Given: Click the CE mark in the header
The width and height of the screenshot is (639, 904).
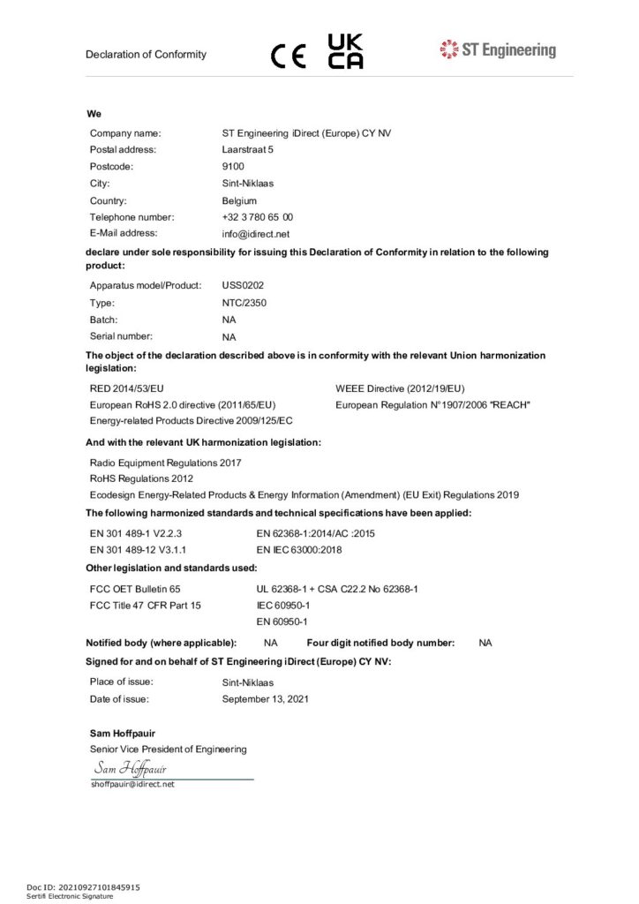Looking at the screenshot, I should click(x=289, y=56).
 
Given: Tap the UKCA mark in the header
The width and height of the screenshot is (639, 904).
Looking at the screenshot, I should click(x=345, y=52).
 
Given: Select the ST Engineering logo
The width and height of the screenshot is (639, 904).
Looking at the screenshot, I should click(x=498, y=49).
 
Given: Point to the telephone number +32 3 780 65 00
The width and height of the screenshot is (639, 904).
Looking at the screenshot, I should click(x=258, y=217).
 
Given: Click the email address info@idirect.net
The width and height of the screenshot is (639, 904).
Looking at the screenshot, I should click(x=256, y=234).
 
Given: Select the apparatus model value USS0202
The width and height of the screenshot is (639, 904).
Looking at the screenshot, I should click(x=243, y=285).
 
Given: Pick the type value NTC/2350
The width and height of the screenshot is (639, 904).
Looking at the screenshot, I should click(x=244, y=303).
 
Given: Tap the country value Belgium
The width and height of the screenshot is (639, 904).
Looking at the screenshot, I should click(x=240, y=200).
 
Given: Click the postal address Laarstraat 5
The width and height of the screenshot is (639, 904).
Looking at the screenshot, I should click(x=248, y=149).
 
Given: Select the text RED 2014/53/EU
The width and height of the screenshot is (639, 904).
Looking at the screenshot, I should click(x=127, y=388).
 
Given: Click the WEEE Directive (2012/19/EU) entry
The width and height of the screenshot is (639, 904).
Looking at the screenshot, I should click(x=400, y=388).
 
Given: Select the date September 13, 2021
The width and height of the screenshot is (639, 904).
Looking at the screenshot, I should click(x=266, y=699).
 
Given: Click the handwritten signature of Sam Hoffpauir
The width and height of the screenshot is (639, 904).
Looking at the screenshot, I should click(x=131, y=768).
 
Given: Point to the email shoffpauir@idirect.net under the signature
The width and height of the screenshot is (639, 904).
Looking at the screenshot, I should click(x=132, y=784).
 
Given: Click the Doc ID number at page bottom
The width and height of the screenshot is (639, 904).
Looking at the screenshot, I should click(x=83, y=886).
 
